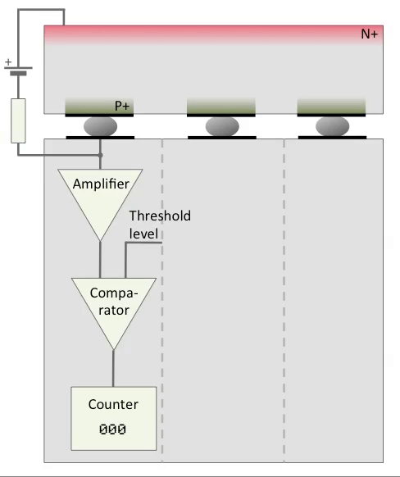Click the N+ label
(x=370, y=34)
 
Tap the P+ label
(x=122, y=106)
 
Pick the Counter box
(x=114, y=418)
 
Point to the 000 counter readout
(x=112, y=429)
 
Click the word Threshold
(x=161, y=216)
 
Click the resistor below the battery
(x=18, y=120)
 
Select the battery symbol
(x=18, y=70)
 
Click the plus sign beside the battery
(x=8, y=62)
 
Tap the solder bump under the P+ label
(x=100, y=126)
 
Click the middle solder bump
(x=222, y=126)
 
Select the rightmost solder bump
(x=333, y=126)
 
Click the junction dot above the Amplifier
(x=100, y=155)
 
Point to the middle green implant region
(x=221, y=106)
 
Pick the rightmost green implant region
(x=331, y=106)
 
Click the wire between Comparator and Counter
(x=113, y=368)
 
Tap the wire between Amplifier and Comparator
(x=100, y=260)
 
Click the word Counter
(x=113, y=404)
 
